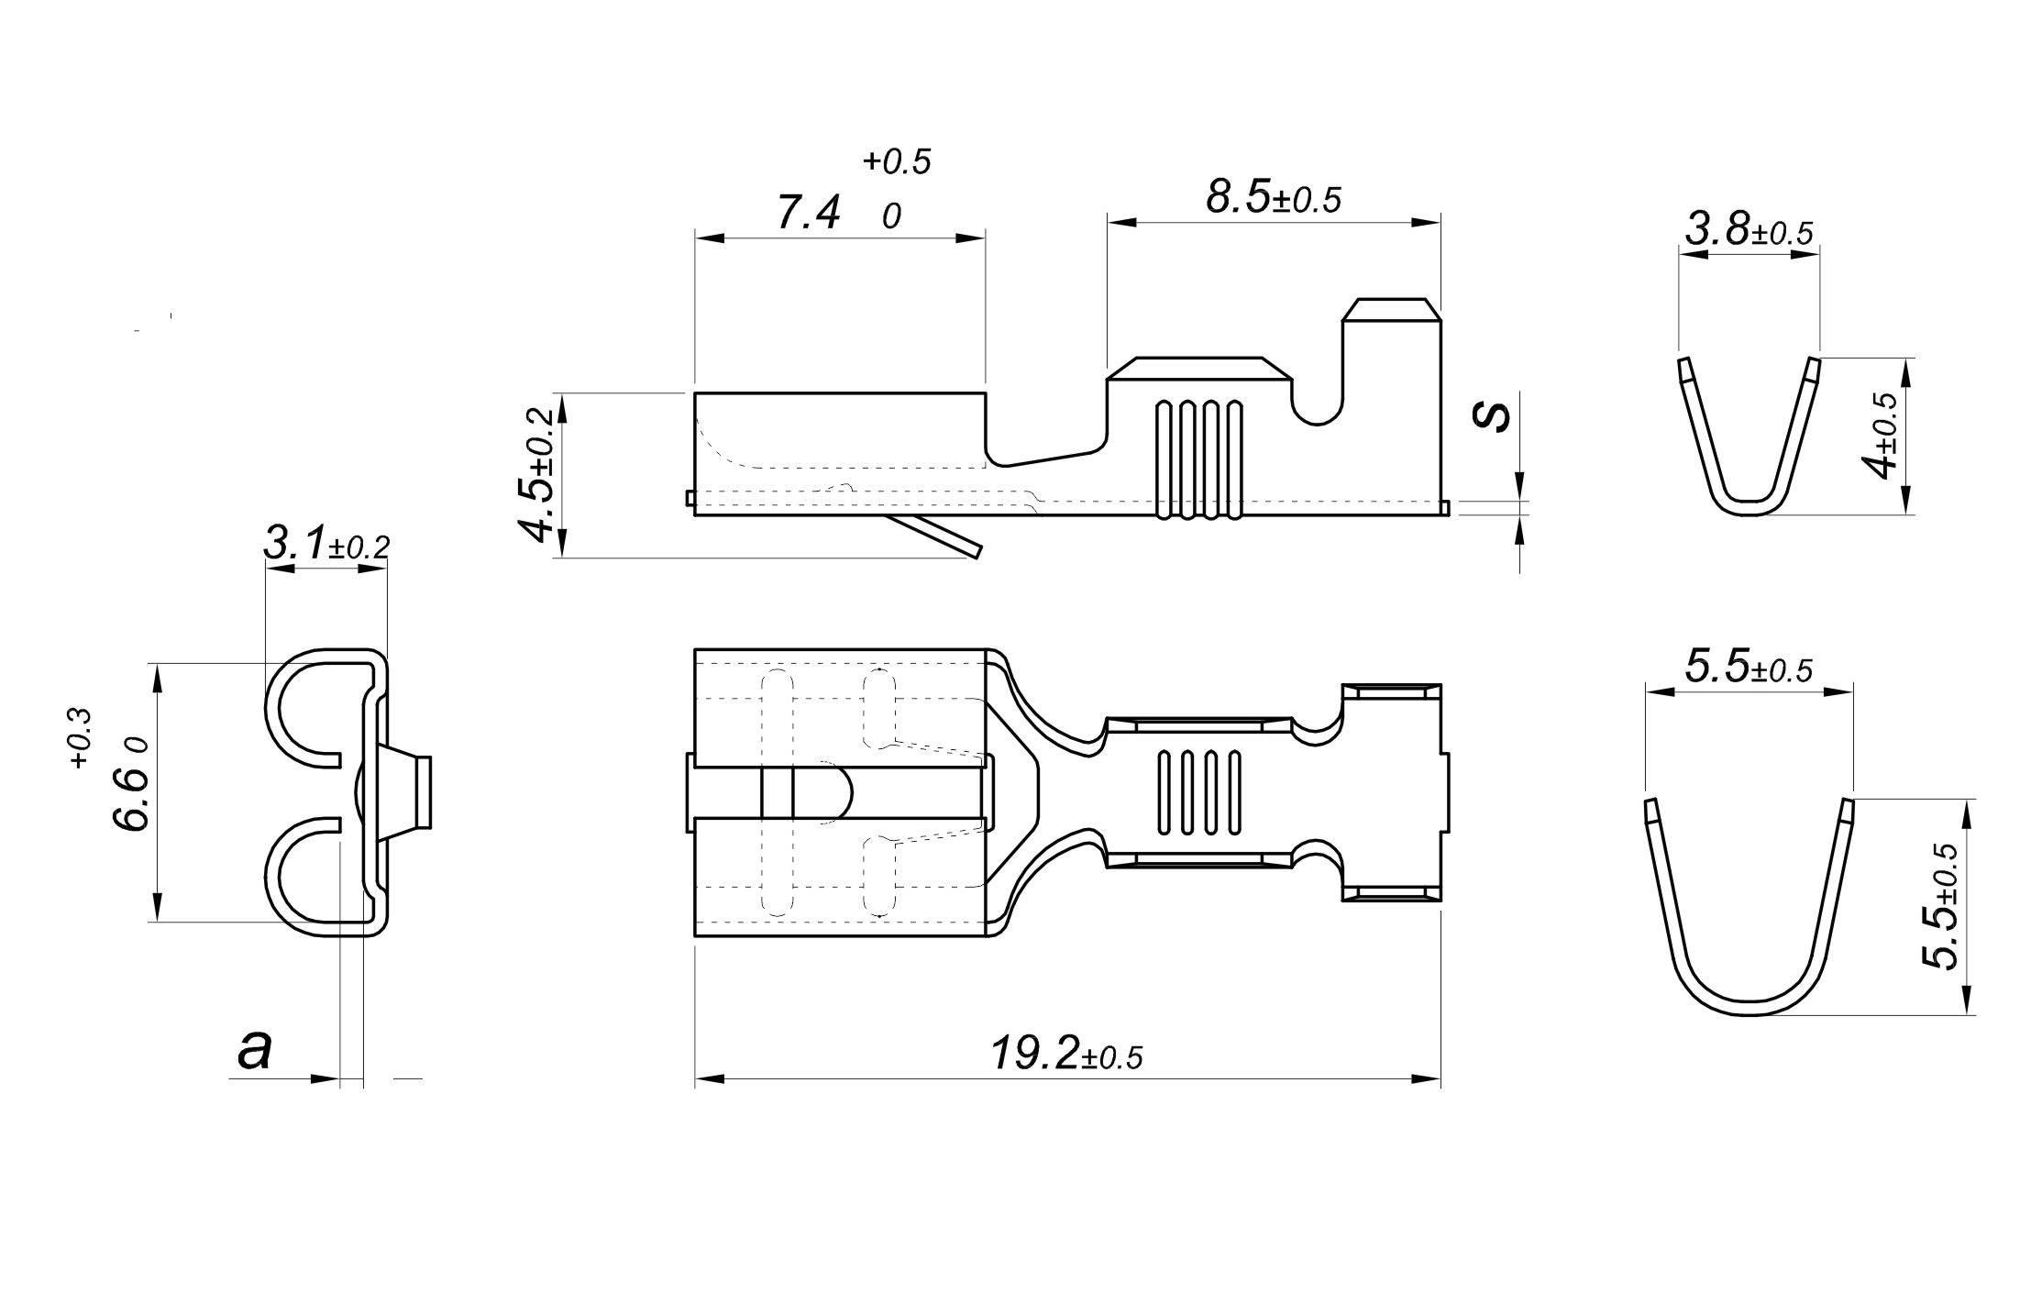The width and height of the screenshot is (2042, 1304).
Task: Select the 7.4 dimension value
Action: (808, 213)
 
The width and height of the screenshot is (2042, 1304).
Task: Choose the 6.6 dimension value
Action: (131, 799)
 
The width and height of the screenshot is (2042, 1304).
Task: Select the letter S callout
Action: (1492, 417)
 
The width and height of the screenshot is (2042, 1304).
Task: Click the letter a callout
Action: (254, 1050)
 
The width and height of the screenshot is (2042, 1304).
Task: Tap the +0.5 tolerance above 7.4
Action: (897, 161)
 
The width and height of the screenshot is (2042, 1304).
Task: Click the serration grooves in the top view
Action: (1199, 794)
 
